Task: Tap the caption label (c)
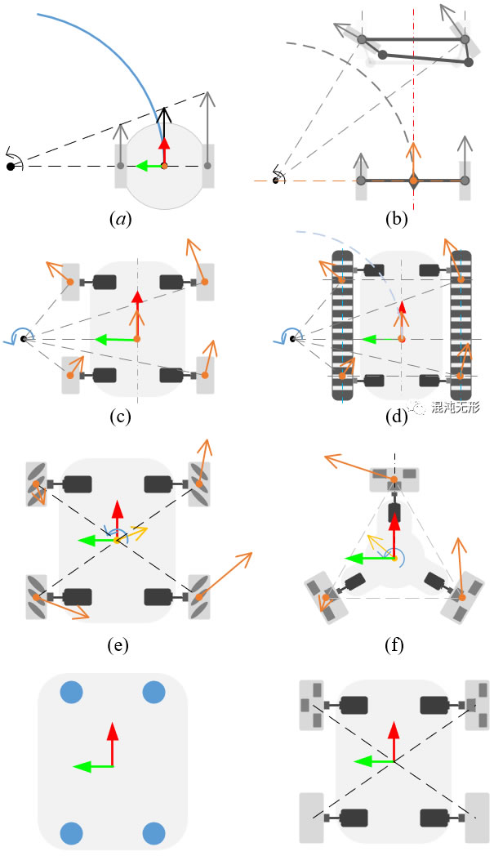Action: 120,417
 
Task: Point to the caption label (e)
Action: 118,645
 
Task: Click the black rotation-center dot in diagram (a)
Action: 11,167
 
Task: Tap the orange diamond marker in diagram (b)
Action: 413,180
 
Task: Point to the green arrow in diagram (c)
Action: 115,338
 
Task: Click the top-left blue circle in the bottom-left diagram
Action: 72,693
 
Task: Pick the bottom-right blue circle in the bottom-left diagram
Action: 154,833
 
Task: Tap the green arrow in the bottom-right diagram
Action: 374,760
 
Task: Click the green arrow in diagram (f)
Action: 367,560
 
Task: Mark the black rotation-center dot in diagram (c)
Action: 24,338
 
